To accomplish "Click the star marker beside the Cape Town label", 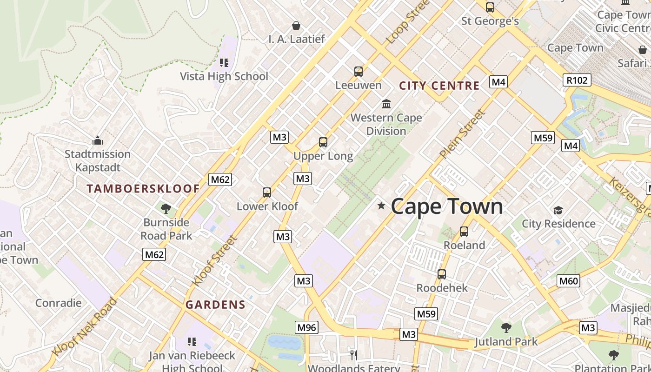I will click(x=381, y=206).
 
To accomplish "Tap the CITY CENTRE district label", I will click(x=439, y=86).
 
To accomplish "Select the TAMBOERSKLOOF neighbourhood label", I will click(x=143, y=189).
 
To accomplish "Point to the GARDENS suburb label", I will click(x=215, y=305).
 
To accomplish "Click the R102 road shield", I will click(x=577, y=80).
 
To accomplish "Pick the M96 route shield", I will click(x=306, y=327).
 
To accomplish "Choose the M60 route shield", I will click(x=568, y=280).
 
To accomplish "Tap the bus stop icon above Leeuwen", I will click(x=358, y=72).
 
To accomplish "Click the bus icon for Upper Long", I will click(x=323, y=142).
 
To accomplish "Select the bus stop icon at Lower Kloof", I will click(x=267, y=193).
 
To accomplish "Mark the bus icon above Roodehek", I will click(x=442, y=274).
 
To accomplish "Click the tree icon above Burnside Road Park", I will click(x=166, y=209).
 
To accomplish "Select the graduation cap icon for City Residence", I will click(x=558, y=211).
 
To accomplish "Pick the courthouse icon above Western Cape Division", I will click(x=386, y=104).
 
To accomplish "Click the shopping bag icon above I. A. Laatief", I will click(x=296, y=26).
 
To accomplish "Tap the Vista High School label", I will click(x=224, y=76).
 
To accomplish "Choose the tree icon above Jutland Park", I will click(x=506, y=328).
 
